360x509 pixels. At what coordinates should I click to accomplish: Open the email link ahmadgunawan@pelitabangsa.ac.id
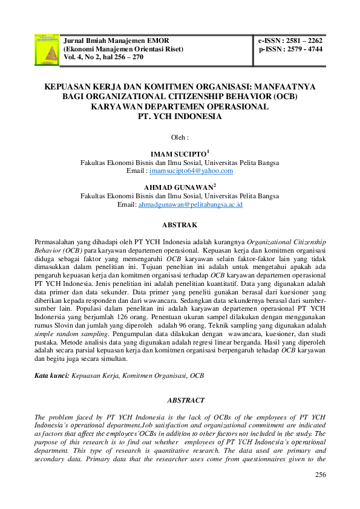point(191,205)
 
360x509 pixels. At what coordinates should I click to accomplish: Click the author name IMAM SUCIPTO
point(178,154)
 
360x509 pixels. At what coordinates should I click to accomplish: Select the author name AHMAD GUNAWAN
point(178,188)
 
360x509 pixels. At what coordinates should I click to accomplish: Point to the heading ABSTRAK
point(180,225)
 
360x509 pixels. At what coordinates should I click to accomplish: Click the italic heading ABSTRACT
point(180,400)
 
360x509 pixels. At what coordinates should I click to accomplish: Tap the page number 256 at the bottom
point(321,475)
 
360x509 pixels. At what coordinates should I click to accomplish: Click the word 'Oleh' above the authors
point(179,137)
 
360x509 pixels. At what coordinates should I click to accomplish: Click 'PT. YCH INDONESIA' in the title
point(180,116)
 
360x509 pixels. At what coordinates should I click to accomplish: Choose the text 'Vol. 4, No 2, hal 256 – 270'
point(103,57)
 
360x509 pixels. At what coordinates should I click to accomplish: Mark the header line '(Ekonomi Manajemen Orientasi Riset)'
point(123,49)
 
